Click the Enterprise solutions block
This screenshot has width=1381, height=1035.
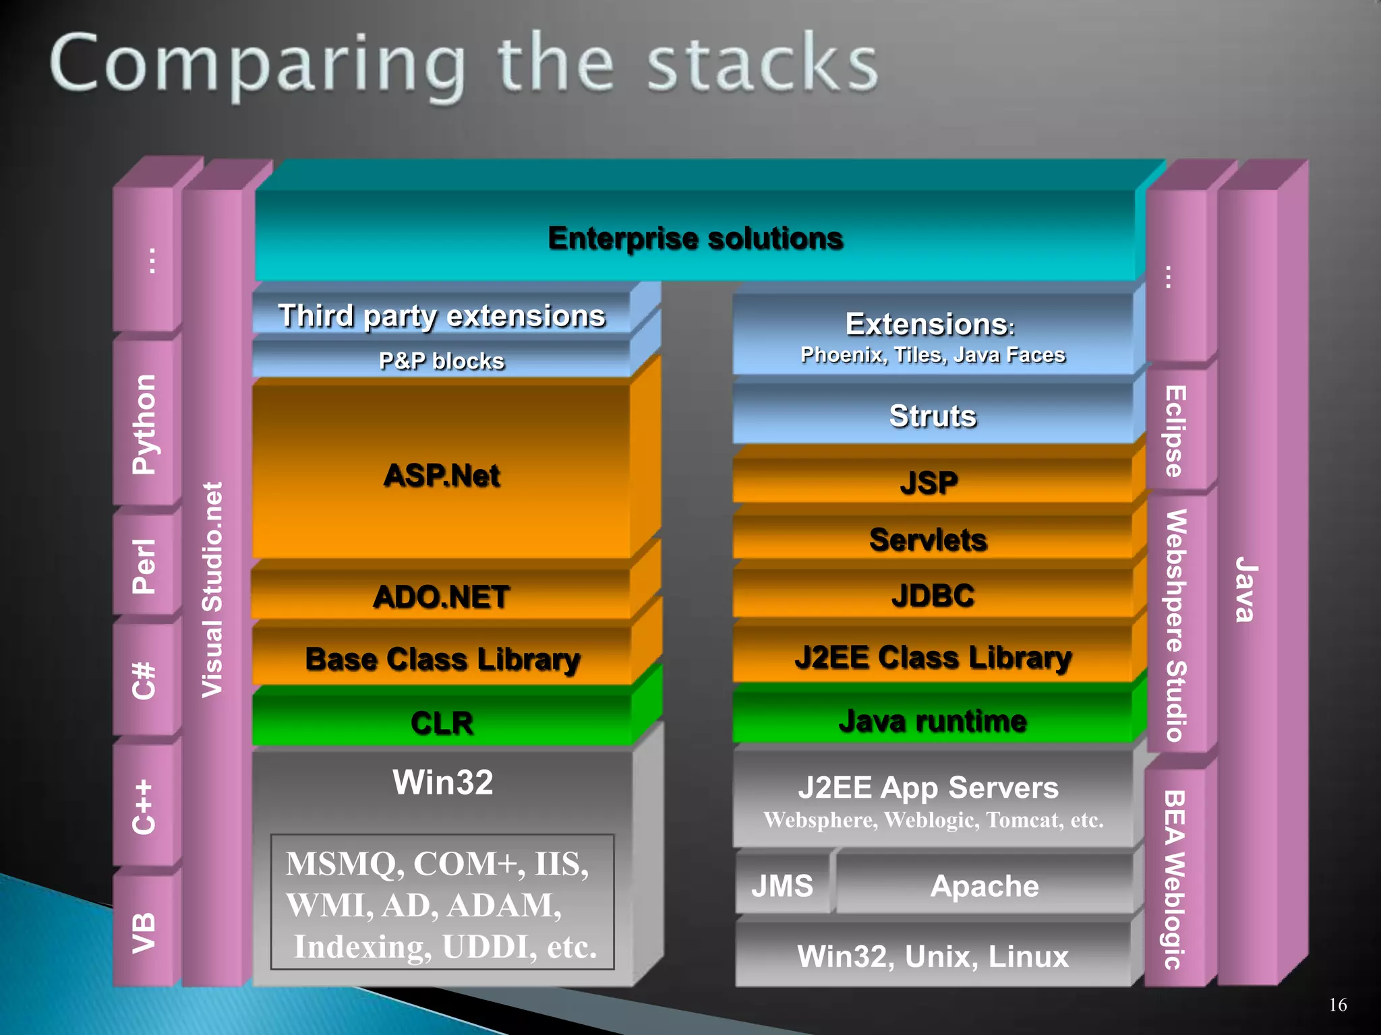[x=695, y=238]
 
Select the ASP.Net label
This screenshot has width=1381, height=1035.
[x=442, y=475]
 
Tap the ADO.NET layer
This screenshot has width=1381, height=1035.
[x=442, y=596]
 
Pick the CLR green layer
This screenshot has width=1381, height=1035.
[x=442, y=722]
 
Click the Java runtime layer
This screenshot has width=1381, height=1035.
[x=932, y=720]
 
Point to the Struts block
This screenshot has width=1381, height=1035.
[x=932, y=416]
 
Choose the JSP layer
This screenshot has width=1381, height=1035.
[x=929, y=482]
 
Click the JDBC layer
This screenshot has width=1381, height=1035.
[x=932, y=595]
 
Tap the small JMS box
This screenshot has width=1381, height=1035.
[x=782, y=885]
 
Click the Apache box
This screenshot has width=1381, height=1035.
[x=985, y=885]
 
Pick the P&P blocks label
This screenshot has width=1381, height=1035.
[x=442, y=360]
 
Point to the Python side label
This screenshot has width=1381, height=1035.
[x=144, y=425]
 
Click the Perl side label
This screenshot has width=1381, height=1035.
[x=144, y=566]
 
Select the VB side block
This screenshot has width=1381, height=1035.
[x=144, y=933]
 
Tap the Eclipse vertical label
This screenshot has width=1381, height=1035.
[x=1175, y=431]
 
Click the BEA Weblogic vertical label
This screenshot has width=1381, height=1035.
[x=1175, y=879]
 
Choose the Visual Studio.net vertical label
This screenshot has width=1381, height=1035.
[x=212, y=590]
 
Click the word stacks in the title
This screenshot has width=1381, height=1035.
[x=762, y=64]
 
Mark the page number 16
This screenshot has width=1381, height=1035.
[x=1338, y=1005]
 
